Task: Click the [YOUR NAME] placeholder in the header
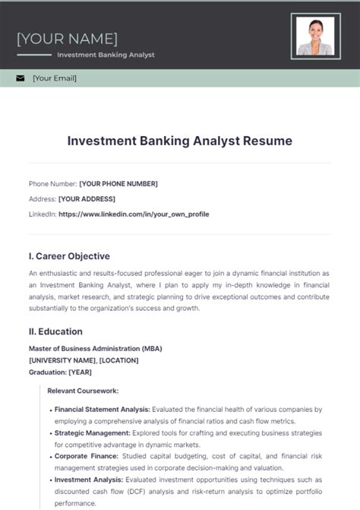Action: point(67,38)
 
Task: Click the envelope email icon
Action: point(20,78)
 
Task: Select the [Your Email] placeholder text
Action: point(55,78)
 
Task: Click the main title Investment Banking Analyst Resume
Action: point(179,141)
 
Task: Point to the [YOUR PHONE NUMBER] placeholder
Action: point(118,184)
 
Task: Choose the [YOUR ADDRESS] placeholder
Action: point(87,199)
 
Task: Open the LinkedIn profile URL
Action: point(134,214)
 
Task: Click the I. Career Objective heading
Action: point(69,256)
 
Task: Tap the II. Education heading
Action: point(55,331)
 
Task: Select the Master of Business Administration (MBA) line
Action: point(95,349)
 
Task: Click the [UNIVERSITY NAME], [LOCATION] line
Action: point(87,360)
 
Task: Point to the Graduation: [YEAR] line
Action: point(60,372)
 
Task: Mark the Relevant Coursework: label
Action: point(83,391)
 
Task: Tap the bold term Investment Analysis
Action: point(89,480)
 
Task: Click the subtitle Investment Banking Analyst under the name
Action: point(106,55)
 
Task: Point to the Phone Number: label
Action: point(53,184)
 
